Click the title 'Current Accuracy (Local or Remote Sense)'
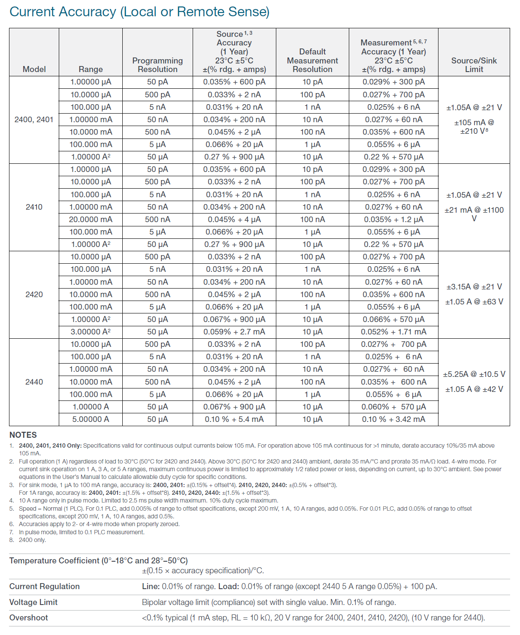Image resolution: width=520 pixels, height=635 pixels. pos(139,12)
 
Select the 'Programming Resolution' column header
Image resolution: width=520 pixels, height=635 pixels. pos(157,65)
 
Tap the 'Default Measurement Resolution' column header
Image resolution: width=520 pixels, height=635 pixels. pos(312,60)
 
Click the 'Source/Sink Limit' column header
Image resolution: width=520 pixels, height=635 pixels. pos(474,65)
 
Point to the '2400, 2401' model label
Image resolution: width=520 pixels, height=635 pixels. pos(34,120)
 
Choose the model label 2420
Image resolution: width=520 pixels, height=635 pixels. pos(34,295)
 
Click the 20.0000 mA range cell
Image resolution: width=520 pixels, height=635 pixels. pos(91,220)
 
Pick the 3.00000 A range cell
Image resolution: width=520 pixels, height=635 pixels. pos(91,332)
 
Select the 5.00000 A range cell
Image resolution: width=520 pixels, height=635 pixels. pos(91,419)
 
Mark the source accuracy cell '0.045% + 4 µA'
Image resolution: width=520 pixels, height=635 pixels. pos(234,220)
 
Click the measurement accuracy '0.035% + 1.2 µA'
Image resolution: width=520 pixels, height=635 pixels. pos(393,220)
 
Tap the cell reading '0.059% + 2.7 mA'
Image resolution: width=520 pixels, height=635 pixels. pos(234,332)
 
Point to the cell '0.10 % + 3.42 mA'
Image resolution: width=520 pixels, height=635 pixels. pos(393,419)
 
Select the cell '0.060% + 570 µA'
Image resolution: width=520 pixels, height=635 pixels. pos(393,407)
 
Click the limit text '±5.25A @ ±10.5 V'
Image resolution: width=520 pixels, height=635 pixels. pos(474,374)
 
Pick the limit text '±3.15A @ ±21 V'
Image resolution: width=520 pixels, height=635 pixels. pos(474,287)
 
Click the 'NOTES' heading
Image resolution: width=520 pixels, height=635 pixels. pos(23,435)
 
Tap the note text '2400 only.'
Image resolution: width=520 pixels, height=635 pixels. pos(32,540)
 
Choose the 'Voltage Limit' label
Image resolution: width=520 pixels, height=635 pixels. pos(33,602)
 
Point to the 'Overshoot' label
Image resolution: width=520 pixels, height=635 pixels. pos(29,618)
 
